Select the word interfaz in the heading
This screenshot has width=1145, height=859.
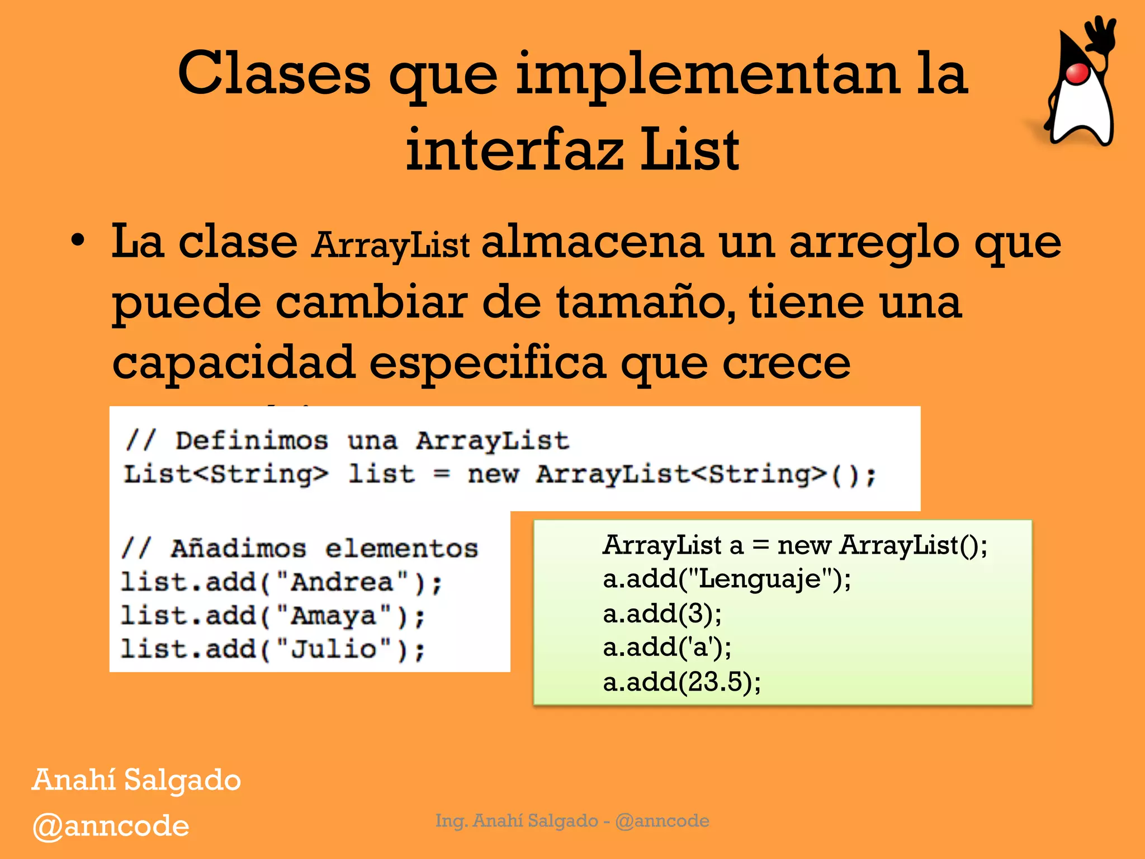click(514, 150)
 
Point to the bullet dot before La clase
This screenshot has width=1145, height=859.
click(78, 242)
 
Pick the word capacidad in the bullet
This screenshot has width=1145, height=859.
click(234, 362)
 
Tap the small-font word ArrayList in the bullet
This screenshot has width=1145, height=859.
click(391, 246)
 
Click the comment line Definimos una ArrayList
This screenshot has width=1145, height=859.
click(347, 441)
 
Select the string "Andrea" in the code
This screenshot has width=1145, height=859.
click(342, 582)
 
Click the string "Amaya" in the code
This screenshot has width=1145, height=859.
click(333, 616)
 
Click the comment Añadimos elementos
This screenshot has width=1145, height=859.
click(300, 548)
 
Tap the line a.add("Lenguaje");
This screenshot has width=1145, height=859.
click(726, 579)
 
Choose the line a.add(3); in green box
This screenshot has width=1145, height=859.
click(662, 613)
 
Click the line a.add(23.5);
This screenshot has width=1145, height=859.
click(682, 682)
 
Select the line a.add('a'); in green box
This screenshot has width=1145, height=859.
click(666, 648)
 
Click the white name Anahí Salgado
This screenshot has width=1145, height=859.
click(136, 780)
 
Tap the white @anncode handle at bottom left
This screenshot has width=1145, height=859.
click(111, 826)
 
